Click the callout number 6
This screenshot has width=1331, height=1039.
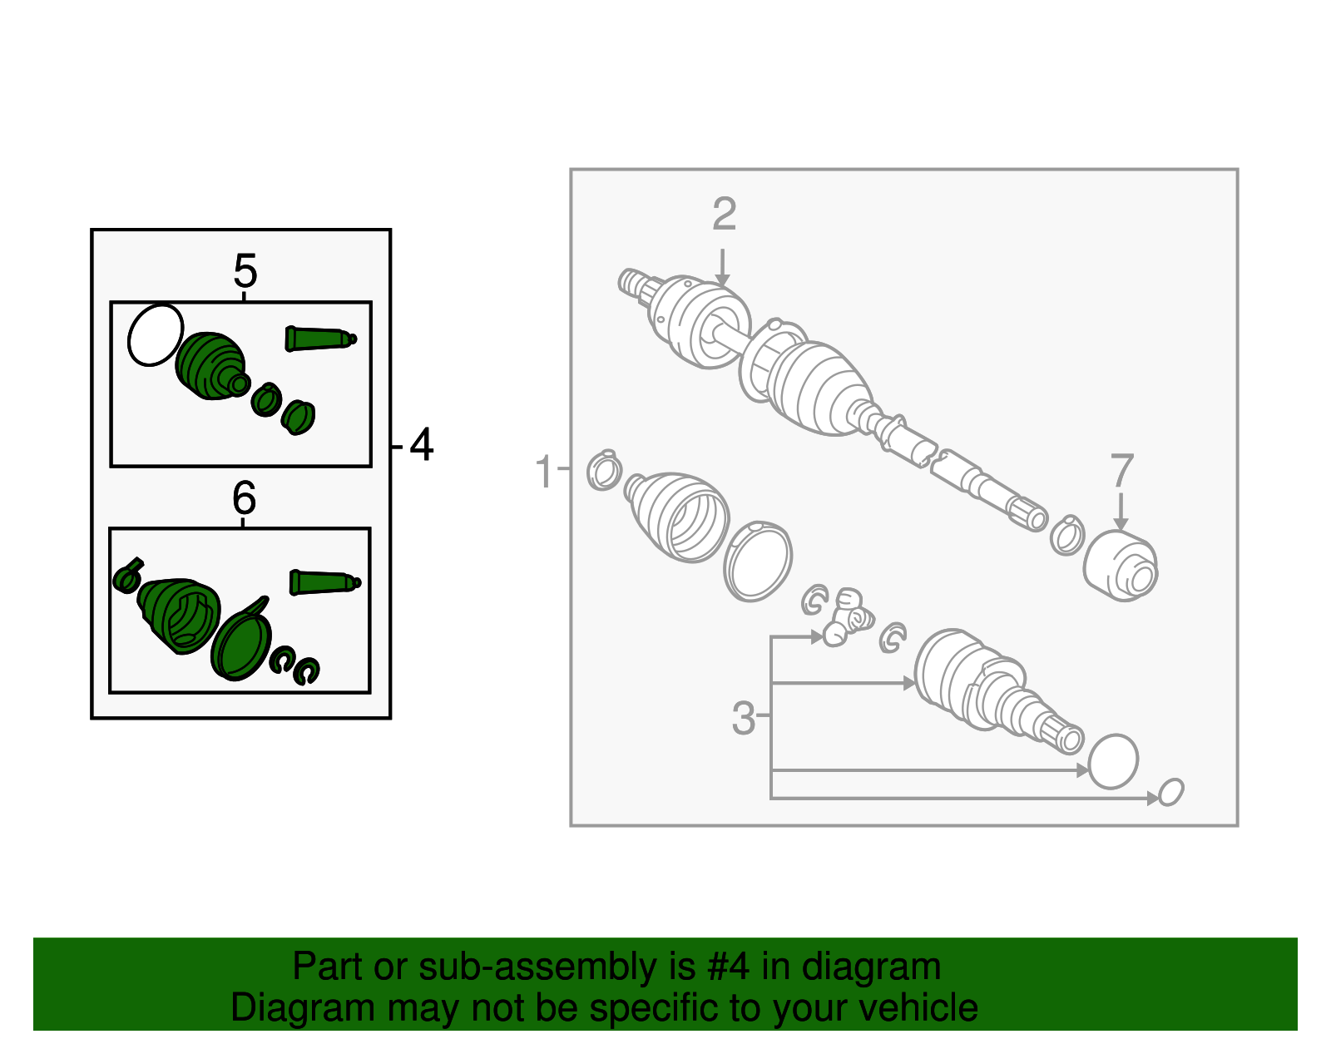pos(244,497)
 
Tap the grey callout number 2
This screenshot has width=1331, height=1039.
pos(724,214)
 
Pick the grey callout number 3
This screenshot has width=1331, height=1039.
pos(744,718)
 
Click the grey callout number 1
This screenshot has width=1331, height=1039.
pos(543,471)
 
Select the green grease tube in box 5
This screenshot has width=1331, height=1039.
pos(320,339)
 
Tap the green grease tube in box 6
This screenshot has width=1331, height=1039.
pos(324,582)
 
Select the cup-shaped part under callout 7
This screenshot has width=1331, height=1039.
pos(1121,567)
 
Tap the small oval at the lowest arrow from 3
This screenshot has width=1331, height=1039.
pos(1170,792)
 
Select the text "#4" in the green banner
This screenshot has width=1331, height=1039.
pos(729,966)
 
